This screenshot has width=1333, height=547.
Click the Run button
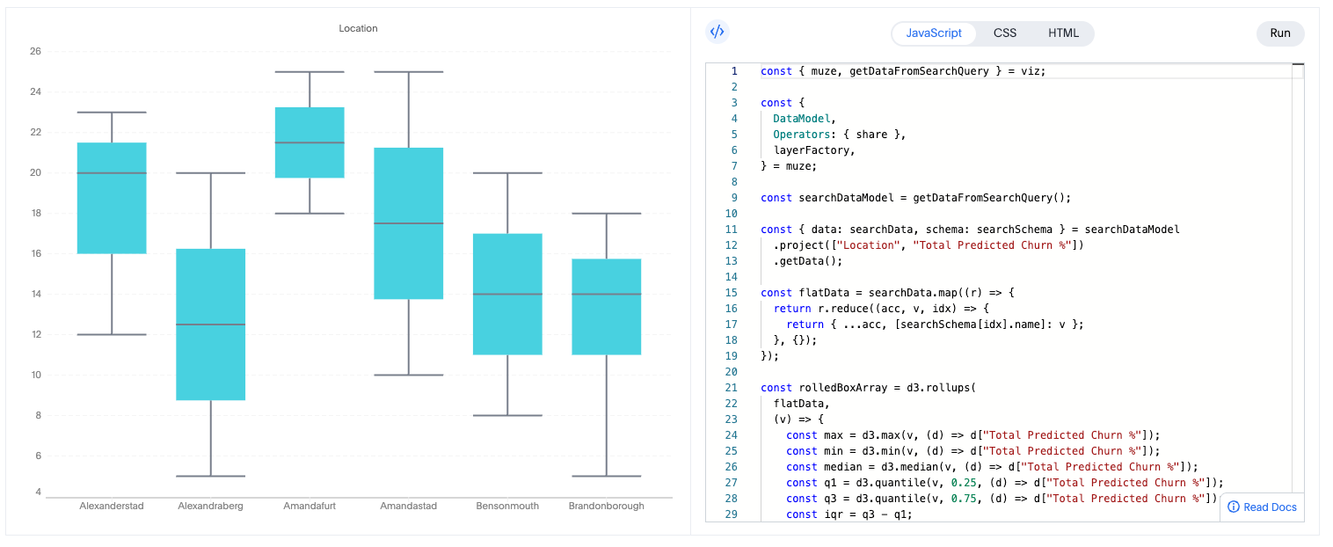coord(1279,33)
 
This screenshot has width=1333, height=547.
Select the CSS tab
coord(1004,33)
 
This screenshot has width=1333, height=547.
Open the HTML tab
coord(1063,33)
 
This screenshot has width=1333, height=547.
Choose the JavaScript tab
coord(934,33)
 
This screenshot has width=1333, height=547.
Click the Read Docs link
coord(1262,507)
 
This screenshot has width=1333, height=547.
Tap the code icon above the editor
coord(717,33)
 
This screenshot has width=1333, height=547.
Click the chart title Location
coord(358,29)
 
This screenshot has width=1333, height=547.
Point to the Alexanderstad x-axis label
coord(112,507)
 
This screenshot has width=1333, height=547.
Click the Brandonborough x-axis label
coord(606,507)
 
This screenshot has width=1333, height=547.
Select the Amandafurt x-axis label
coord(310,507)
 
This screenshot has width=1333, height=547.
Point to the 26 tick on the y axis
coord(35,51)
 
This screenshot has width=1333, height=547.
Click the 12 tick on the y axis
coord(35,334)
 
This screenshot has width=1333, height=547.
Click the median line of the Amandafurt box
coord(310,142)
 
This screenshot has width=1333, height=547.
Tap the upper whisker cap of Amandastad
coord(409,72)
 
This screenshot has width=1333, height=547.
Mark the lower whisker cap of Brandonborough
coord(606,476)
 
